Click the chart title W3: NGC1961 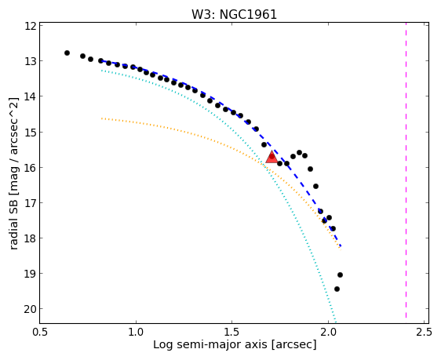click(235, 15)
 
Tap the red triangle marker click(272, 157)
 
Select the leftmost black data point click(67, 53)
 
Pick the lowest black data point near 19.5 click(337, 289)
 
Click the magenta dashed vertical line click(406, 170)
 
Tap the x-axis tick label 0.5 click(40, 333)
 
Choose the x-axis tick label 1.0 click(136, 333)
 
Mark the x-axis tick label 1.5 click(231, 333)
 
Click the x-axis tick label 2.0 click(328, 333)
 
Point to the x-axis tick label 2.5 click(424, 333)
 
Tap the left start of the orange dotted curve click(101, 118)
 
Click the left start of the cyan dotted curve click(101, 71)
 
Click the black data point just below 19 click(340, 275)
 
